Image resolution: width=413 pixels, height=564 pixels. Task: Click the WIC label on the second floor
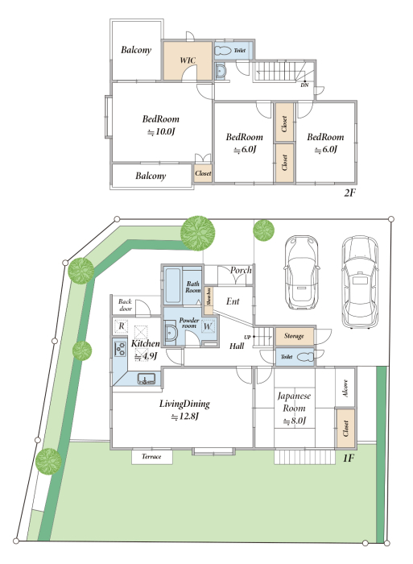(x=188, y=60)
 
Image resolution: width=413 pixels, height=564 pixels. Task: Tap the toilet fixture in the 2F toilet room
(x=223, y=51)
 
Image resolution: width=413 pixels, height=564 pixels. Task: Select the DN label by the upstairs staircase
(x=304, y=85)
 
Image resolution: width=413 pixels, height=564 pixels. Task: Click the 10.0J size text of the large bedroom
(x=161, y=131)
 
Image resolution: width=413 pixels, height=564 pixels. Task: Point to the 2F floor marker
(x=349, y=193)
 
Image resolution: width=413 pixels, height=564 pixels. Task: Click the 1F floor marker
(x=349, y=458)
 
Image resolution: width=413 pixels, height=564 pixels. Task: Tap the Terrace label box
(x=151, y=457)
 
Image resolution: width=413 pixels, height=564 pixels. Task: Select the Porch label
(x=241, y=270)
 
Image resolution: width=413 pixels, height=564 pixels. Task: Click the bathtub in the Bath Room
(x=172, y=286)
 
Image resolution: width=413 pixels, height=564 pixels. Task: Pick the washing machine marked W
(x=208, y=326)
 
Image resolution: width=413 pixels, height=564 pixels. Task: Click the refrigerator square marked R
(x=121, y=326)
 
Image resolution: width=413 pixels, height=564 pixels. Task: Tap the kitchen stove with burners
(x=120, y=349)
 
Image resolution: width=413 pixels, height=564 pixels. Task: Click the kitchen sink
(x=147, y=379)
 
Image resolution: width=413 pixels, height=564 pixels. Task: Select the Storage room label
(x=294, y=336)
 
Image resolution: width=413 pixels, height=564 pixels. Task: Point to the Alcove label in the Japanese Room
(x=345, y=388)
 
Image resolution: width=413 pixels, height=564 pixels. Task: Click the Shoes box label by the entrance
(x=209, y=297)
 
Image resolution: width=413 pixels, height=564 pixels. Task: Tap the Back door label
(x=125, y=305)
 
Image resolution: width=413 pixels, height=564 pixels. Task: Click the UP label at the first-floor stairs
(x=247, y=338)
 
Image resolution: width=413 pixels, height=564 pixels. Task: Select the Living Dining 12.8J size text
(x=184, y=417)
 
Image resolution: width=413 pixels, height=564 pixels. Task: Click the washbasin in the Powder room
(x=171, y=333)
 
